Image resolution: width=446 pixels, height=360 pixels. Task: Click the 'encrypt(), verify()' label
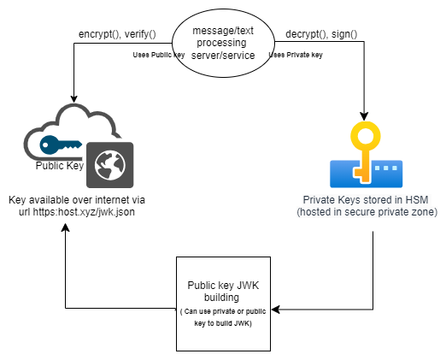(x=117, y=34)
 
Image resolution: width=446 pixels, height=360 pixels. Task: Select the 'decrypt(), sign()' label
(x=321, y=34)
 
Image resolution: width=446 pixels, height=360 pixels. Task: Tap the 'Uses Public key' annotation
(x=159, y=55)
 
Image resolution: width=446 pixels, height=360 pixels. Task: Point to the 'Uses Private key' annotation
(x=296, y=55)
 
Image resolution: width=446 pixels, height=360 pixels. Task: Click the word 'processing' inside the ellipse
(x=221, y=43)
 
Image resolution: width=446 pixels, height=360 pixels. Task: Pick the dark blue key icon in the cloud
(x=61, y=145)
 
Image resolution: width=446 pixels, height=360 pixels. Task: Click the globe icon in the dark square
(x=110, y=165)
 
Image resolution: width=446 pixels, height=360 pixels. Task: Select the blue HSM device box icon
(x=367, y=174)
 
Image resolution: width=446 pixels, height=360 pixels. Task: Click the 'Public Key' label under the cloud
(x=60, y=166)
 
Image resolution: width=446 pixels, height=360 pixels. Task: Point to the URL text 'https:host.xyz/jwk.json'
(x=84, y=212)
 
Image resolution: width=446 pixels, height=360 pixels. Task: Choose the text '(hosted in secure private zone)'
(x=367, y=212)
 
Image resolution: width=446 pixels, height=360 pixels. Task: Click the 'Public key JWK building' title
(x=223, y=292)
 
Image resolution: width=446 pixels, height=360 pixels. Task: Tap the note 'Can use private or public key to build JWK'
(x=223, y=317)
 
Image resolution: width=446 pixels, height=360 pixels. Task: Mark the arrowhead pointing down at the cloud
(x=74, y=98)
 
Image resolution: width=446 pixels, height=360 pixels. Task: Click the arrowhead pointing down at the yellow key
(x=364, y=116)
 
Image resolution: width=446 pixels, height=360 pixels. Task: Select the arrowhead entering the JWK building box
(x=275, y=310)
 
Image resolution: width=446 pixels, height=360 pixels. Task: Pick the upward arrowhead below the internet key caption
(x=66, y=227)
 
